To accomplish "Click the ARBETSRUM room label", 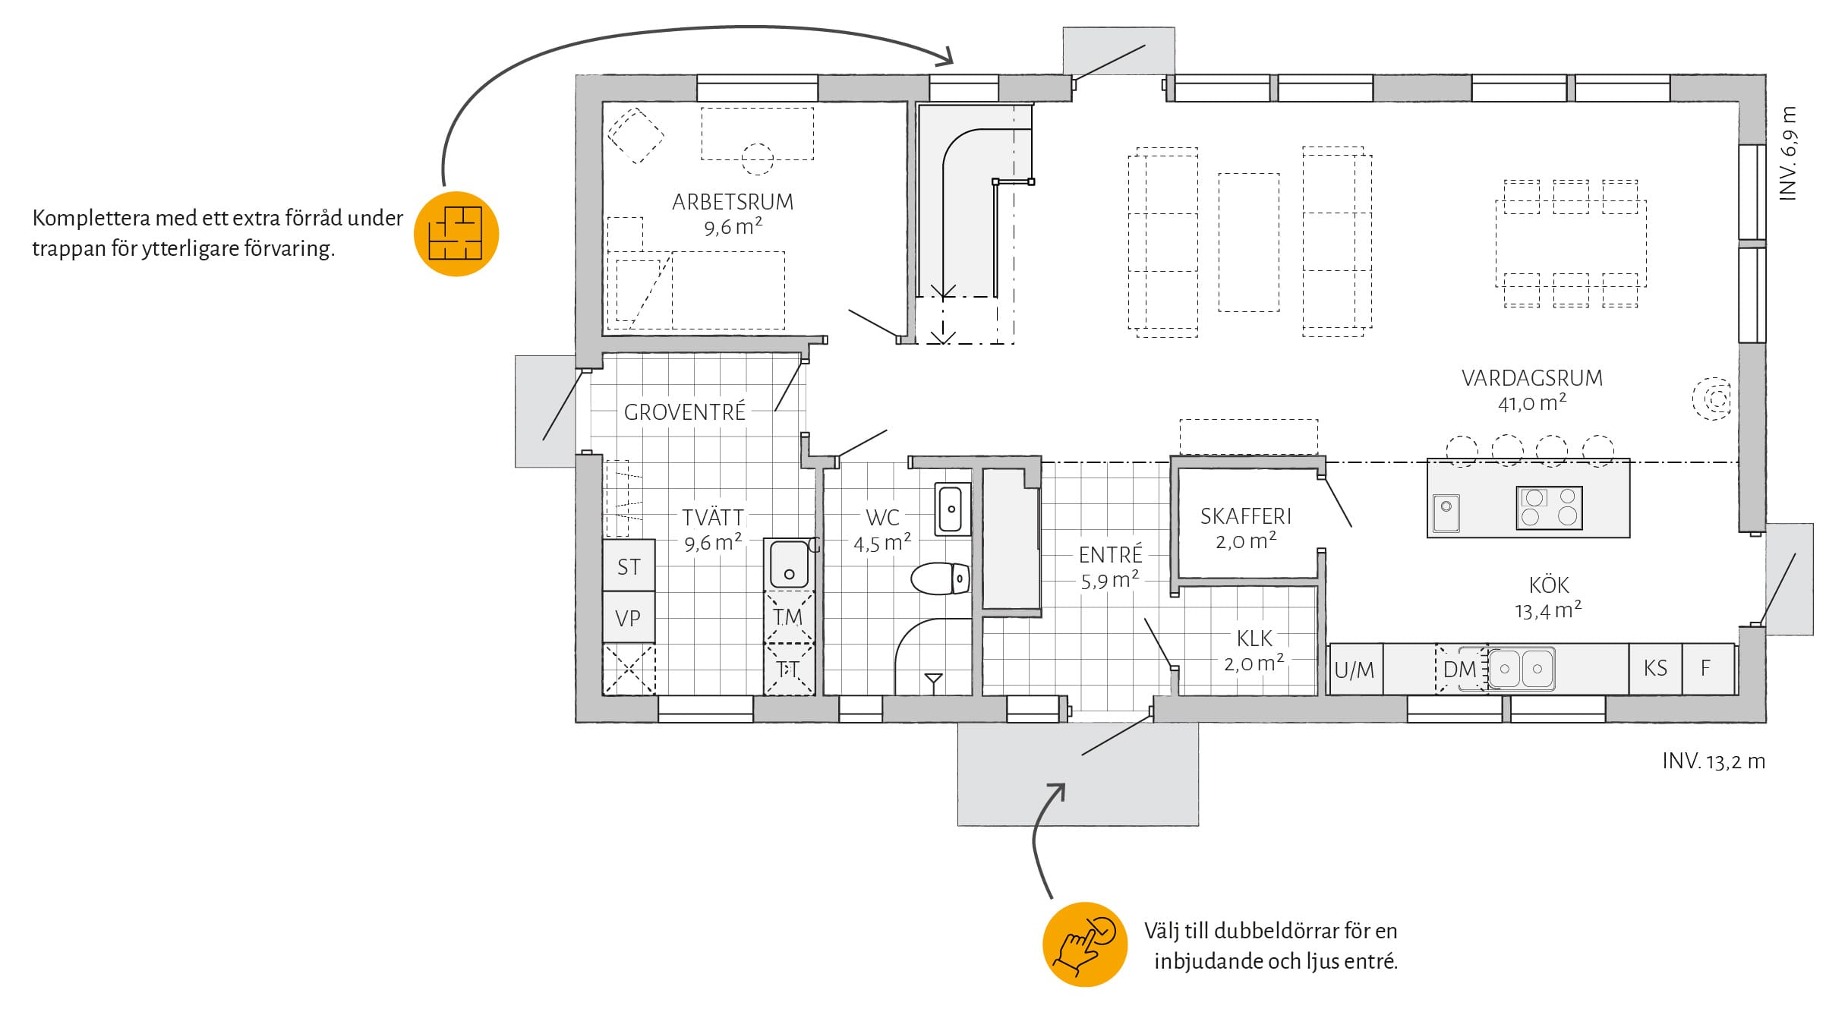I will coord(732,202).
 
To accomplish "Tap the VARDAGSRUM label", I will coord(1531,378).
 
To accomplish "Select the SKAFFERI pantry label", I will coord(1245,516).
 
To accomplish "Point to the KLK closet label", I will coord(1254,638).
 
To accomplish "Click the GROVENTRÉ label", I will coord(684,412).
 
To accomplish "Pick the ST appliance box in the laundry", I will coord(629,566).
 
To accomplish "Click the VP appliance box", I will coord(629,618).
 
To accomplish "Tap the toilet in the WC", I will coord(940,578).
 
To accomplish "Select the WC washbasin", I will coord(951,509).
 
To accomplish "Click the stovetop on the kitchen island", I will coord(1549,507).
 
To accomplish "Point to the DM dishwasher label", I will coord(1459,670).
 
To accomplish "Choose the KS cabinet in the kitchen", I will coord(1655,668).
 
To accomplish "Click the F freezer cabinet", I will coord(1706,668).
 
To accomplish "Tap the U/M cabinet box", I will coord(1355,670).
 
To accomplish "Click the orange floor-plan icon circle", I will coord(456,233).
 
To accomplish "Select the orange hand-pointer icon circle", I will coord(1084,944).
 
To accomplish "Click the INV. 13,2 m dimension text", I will coord(1713,761).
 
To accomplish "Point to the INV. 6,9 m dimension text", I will coord(1788,153).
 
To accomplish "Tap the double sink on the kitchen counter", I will coord(1521,669).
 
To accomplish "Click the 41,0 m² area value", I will coord(1531,403).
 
